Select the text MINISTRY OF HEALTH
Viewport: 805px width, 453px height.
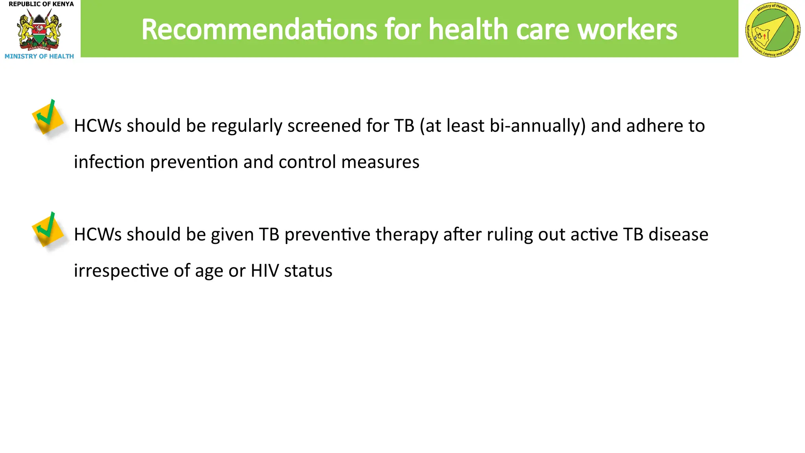point(39,56)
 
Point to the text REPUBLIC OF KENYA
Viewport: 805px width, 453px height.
point(41,4)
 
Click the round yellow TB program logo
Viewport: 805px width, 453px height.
point(772,29)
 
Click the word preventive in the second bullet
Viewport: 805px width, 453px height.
point(327,235)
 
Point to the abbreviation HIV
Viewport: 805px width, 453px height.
point(265,271)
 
